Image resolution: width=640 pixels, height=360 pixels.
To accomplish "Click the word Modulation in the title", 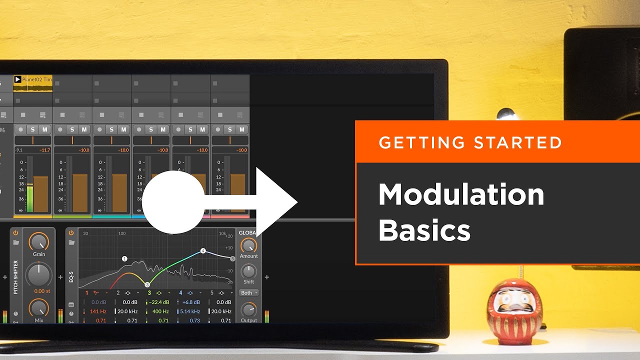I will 461,194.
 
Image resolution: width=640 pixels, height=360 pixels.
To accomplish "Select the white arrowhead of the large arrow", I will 275,202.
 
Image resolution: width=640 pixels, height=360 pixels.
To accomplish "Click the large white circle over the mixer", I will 173,202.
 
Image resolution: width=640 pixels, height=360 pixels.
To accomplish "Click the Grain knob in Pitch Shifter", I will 39,242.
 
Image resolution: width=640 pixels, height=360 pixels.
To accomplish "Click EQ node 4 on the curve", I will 203,250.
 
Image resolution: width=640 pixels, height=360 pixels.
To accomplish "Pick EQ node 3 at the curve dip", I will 147,284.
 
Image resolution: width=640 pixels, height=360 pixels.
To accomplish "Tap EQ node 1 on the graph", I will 124,258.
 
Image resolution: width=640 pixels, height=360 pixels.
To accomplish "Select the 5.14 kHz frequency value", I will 190,311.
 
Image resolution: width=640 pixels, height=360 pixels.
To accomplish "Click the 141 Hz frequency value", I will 98,311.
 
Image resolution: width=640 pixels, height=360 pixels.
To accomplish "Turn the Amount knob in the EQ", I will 248,245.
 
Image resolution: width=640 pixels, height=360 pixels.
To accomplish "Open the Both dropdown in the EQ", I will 248,292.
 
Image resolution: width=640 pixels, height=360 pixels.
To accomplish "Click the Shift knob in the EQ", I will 248,271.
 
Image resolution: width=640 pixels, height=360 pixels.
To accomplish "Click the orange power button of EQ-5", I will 71,232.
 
